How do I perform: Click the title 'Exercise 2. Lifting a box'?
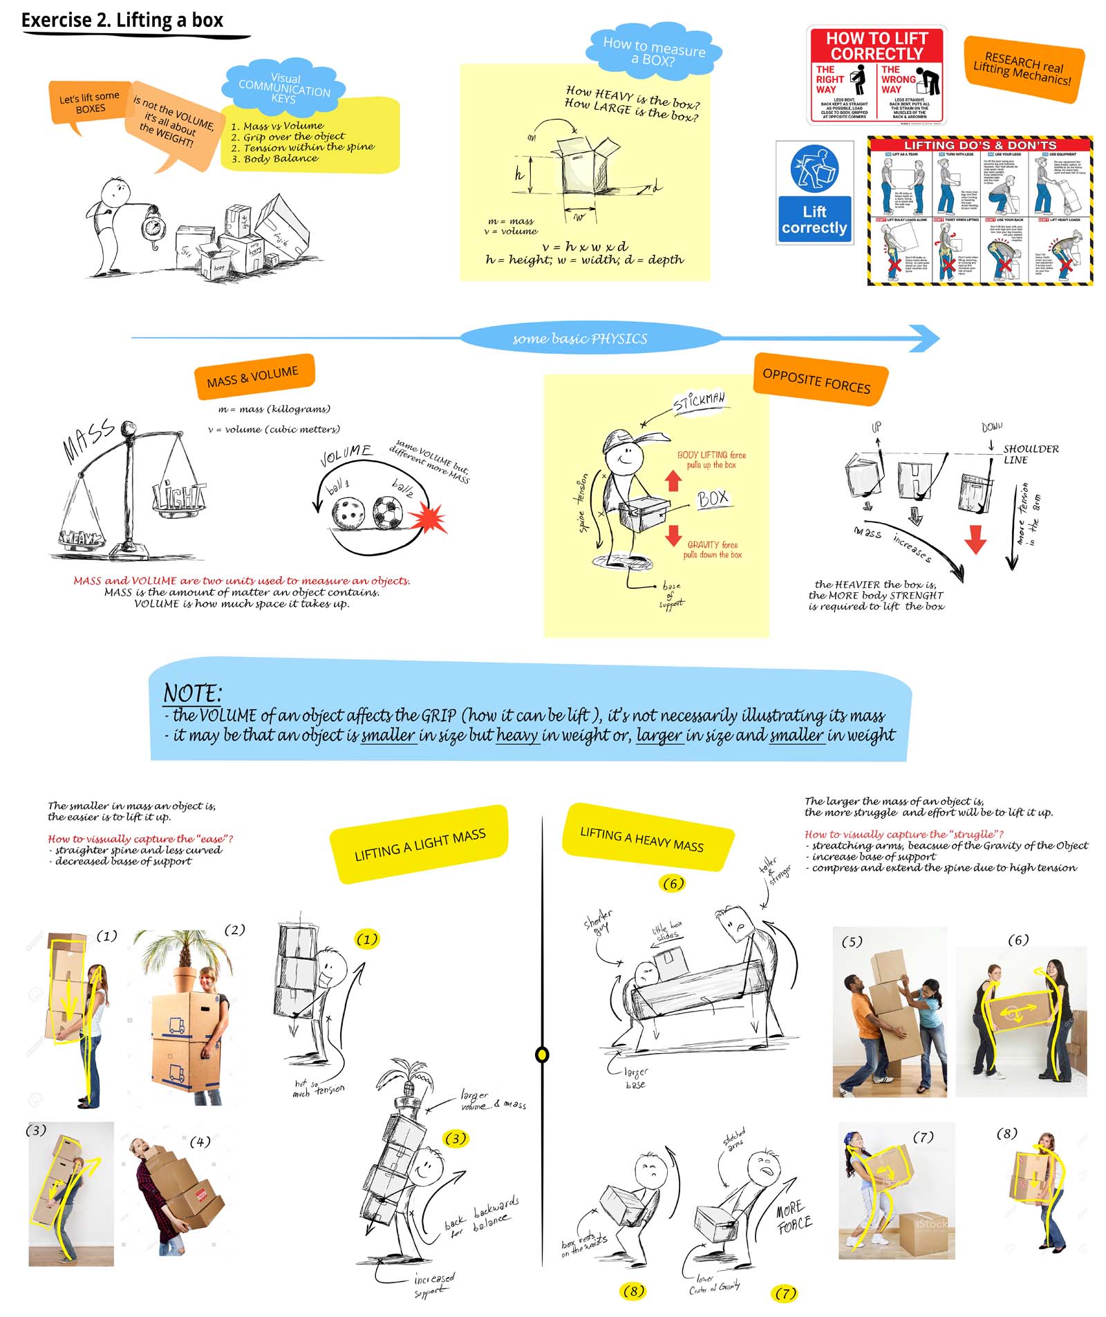pos(122,20)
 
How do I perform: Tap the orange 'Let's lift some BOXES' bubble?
pos(89,104)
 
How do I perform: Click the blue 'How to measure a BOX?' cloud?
pos(653,50)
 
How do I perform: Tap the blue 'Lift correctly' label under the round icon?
pos(814,219)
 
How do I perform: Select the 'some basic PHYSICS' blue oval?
pos(579,338)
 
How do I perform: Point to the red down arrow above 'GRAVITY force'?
pos(673,536)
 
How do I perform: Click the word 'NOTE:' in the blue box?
pos(192,692)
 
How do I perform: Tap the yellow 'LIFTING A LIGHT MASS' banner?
pos(420,844)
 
